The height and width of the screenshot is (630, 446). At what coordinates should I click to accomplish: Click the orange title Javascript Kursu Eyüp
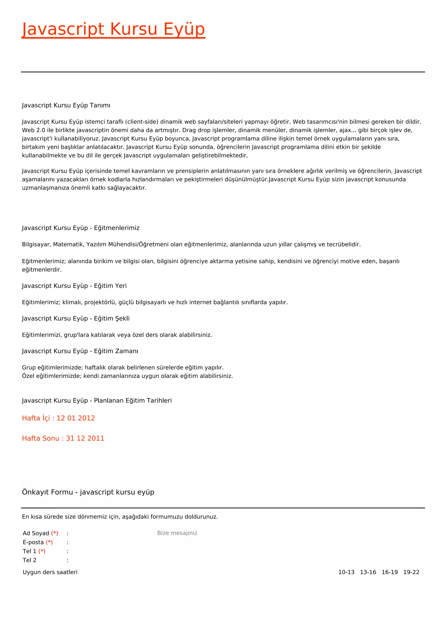113,29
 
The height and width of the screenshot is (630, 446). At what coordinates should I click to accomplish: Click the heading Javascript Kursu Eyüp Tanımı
66,105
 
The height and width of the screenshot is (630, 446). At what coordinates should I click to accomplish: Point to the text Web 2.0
34,130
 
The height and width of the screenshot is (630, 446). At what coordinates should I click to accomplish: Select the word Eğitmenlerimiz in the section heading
117,228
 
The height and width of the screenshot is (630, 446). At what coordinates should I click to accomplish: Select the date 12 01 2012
76,418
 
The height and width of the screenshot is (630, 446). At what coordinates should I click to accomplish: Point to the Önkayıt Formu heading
88,492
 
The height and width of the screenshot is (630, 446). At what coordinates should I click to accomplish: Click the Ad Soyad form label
36,533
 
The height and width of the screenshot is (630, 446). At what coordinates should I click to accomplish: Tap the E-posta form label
33,542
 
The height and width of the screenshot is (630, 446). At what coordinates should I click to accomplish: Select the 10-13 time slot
346,572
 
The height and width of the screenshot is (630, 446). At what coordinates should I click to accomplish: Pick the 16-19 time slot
389,572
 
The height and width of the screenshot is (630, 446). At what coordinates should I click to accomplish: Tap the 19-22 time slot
411,572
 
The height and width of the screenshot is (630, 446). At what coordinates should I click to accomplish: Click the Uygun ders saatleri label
50,572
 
